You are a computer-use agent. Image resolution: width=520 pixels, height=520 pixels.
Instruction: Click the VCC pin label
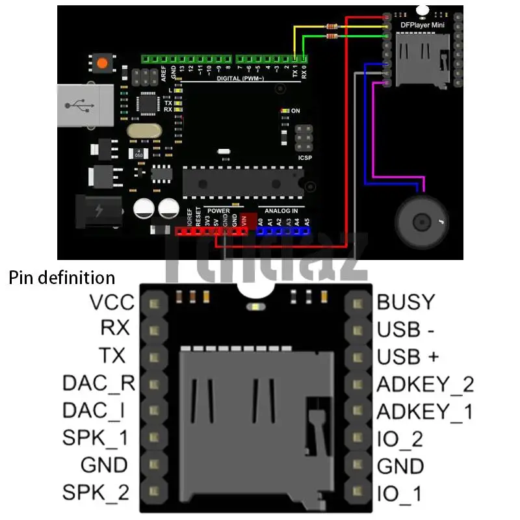tap(112, 302)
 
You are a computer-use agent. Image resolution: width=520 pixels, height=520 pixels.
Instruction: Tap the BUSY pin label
tap(405, 302)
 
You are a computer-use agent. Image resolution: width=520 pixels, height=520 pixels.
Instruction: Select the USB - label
tap(406, 330)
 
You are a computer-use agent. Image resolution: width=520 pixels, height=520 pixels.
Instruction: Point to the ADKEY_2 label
tap(425, 384)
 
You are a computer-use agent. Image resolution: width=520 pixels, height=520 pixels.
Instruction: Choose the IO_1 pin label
tap(399, 493)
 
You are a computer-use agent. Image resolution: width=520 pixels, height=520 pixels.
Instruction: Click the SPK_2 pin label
tap(96, 492)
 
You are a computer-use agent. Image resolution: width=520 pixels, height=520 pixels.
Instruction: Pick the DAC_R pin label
tap(98, 383)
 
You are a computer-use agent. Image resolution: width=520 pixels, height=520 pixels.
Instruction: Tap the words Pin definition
tap(62, 278)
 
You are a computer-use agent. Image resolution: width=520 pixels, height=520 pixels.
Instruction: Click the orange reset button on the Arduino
tap(101, 64)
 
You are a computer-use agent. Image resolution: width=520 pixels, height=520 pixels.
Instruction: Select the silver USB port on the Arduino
tap(79, 105)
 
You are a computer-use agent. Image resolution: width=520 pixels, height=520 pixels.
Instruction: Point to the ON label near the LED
tap(296, 111)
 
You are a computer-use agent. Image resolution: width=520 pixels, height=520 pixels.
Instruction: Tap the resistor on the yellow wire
tap(331, 26)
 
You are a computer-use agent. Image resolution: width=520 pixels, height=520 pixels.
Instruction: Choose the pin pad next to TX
tap(154, 356)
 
